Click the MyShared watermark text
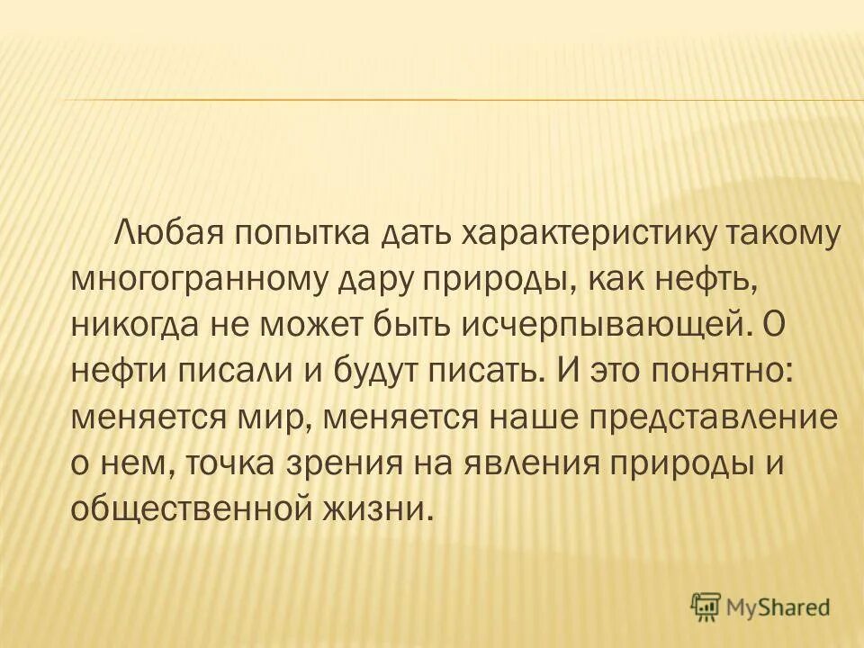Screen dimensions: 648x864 tap(778, 607)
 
